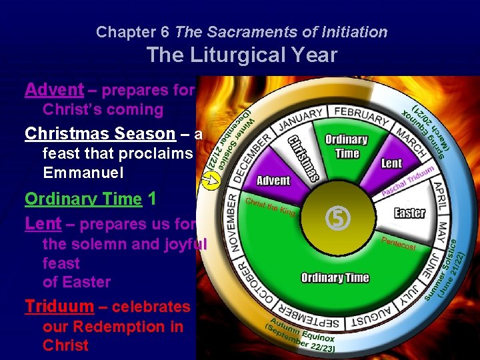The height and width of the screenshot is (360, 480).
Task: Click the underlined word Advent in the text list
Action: pos(54,89)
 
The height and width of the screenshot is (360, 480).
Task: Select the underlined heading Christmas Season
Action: pos(99,133)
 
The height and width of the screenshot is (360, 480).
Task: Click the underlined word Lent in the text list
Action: pos(43,224)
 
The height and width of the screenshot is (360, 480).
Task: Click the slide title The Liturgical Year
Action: pos(241,55)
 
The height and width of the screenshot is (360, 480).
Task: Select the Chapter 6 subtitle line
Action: pos(241,31)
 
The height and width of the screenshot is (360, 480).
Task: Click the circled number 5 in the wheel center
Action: pos(334,217)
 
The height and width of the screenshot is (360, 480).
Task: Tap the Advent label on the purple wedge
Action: pos(273,181)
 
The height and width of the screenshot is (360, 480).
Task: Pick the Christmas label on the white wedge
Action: pos(303,158)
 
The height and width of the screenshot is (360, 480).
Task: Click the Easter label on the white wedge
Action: pos(409,213)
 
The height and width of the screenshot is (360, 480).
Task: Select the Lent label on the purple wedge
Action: pos(391,163)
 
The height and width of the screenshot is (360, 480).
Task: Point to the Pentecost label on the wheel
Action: pos(399,243)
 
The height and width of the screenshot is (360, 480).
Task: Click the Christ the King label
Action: pos(271,206)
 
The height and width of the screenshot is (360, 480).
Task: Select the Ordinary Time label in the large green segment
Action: pos(335,277)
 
